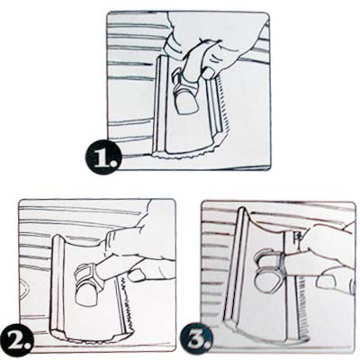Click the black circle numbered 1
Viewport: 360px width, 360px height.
(103, 156)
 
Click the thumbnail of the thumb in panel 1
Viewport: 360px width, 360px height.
(210, 73)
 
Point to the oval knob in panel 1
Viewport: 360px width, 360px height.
(185, 103)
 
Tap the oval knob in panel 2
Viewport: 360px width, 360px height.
(85, 293)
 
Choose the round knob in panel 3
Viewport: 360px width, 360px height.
(266, 282)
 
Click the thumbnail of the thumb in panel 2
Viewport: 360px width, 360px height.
(137, 274)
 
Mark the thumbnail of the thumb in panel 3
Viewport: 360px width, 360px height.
(326, 283)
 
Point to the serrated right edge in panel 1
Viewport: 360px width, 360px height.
(222, 105)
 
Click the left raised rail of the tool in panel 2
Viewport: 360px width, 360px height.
(57, 283)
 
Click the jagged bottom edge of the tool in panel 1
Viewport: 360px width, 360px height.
(186, 154)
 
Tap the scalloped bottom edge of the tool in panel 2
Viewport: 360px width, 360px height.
(87, 339)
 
